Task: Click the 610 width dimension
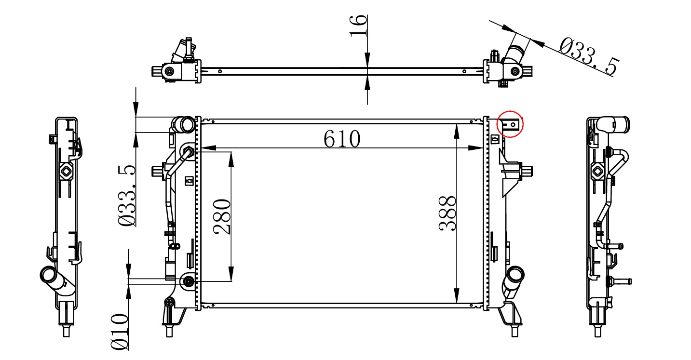pos(342,139)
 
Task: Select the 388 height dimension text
pos(447,213)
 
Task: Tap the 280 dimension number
pos(222,217)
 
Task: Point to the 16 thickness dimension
pos(358,26)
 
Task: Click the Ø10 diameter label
pos(120,332)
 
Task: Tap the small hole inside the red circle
pos(513,124)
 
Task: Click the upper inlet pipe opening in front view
pos(187,125)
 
